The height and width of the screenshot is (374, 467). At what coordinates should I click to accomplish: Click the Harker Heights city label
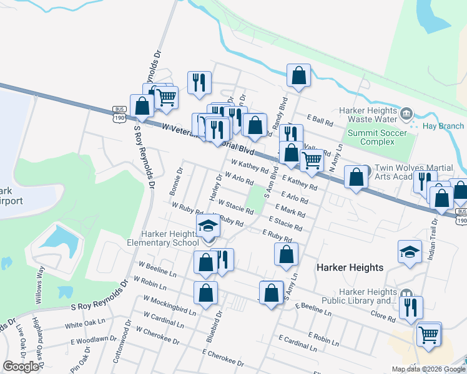click(350, 267)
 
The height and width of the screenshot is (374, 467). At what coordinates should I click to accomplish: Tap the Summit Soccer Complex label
click(377, 137)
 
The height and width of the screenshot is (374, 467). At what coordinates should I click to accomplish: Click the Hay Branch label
click(443, 126)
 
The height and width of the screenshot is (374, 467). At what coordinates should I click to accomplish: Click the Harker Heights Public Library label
click(368, 296)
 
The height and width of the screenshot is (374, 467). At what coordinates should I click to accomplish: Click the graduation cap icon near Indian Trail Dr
click(410, 252)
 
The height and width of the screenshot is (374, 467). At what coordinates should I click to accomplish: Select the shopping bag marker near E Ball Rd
click(299, 75)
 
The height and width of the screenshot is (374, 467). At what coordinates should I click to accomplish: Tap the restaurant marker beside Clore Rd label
click(411, 307)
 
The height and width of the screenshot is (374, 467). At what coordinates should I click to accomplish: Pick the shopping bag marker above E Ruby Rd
click(286, 254)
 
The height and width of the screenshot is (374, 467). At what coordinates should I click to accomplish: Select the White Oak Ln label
click(85, 324)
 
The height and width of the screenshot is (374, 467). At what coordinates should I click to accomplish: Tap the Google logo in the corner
click(21, 367)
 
